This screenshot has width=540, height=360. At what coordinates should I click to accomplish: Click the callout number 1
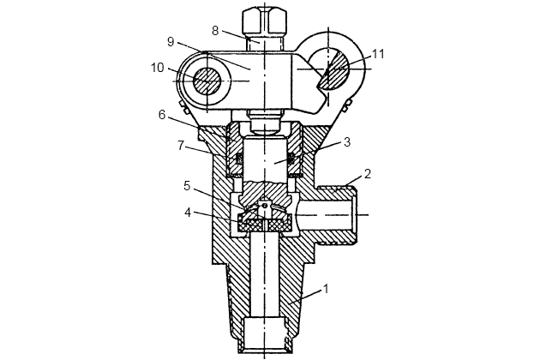[325, 288]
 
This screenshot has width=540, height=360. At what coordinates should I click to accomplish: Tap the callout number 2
[368, 174]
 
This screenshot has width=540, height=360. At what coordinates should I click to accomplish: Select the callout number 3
[347, 142]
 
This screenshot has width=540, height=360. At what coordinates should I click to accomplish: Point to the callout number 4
[188, 213]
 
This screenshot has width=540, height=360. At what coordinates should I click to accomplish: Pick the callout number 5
[187, 186]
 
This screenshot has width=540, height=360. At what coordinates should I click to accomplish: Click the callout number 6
[162, 115]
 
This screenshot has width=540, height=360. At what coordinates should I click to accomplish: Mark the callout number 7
[182, 146]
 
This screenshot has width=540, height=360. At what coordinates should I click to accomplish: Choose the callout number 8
[215, 31]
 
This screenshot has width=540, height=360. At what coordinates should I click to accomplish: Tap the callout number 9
[171, 42]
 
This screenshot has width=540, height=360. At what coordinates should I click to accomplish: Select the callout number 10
[157, 68]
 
